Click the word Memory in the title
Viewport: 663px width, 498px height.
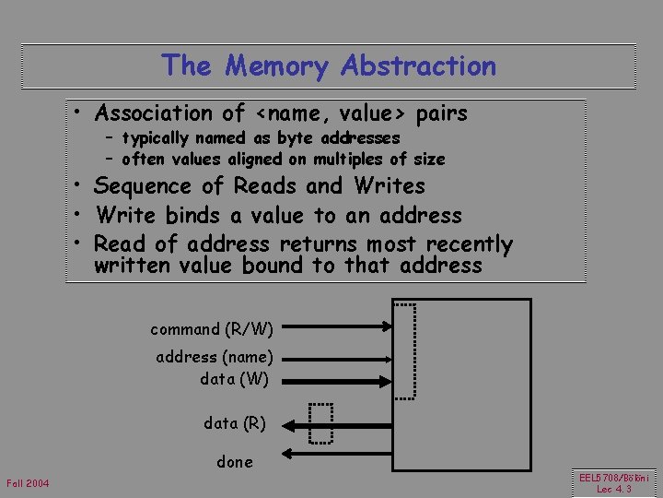tap(276, 66)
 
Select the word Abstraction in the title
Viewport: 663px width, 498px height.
tap(418, 66)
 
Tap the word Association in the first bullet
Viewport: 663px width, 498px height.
tap(156, 113)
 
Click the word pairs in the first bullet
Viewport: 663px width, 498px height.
tap(442, 113)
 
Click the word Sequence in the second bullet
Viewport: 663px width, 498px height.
tap(146, 186)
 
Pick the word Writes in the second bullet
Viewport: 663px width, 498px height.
tap(390, 186)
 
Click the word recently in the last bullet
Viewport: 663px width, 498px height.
tap(466, 244)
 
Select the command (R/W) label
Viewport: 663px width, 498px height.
tap(212, 328)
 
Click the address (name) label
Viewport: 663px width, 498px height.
tap(215, 357)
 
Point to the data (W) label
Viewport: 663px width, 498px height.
tap(234, 378)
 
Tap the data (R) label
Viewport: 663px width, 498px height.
tap(235, 423)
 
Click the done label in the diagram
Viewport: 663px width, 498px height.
tap(235, 461)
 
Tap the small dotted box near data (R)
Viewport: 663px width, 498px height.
tap(320, 423)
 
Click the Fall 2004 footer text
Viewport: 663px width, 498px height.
tap(28, 484)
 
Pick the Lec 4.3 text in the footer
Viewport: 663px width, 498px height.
tap(614, 490)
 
